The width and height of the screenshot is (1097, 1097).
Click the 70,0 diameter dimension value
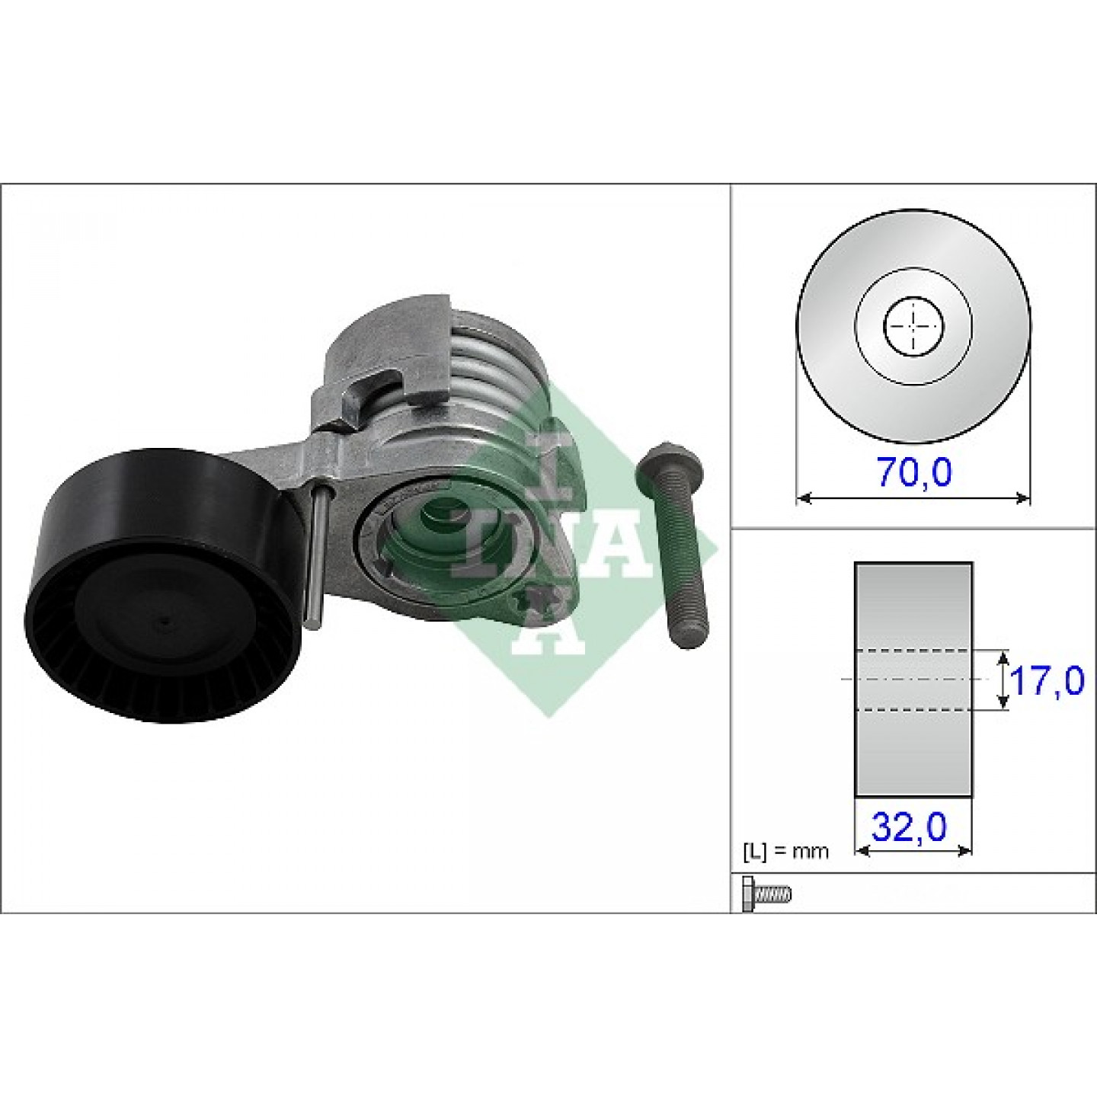(x=913, y=472)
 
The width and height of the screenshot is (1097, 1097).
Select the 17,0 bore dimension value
(x=1046, y=681)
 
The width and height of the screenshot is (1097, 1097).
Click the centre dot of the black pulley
(x=164, y=622)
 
